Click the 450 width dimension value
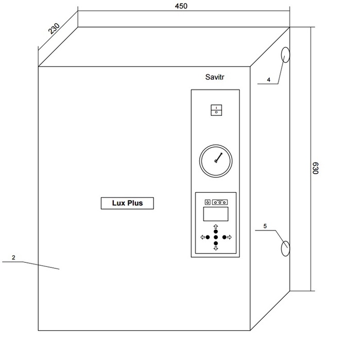tap(181, 6)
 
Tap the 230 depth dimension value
tap(54, 28)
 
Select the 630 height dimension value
tap(315, 168)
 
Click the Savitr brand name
tap(215, 77)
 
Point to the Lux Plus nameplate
tap(127, 203)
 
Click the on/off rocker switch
tap(216, 110)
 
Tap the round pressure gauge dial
tap(216, 161)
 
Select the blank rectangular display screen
tap(216, 214)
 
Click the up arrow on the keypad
tap(216, 226)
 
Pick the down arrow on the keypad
tap(216, 248)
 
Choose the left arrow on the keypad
tap(203, 237)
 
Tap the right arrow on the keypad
tap(229, 237)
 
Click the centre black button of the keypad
tap(216, 237)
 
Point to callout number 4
tap(268, 80)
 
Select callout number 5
tap(265, 226)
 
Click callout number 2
tap(13, 258)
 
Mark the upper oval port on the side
tap(285, 55)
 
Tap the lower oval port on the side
tap(285, 248)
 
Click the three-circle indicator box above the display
tap(220, 202)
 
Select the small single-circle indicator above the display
tap(208, 202)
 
